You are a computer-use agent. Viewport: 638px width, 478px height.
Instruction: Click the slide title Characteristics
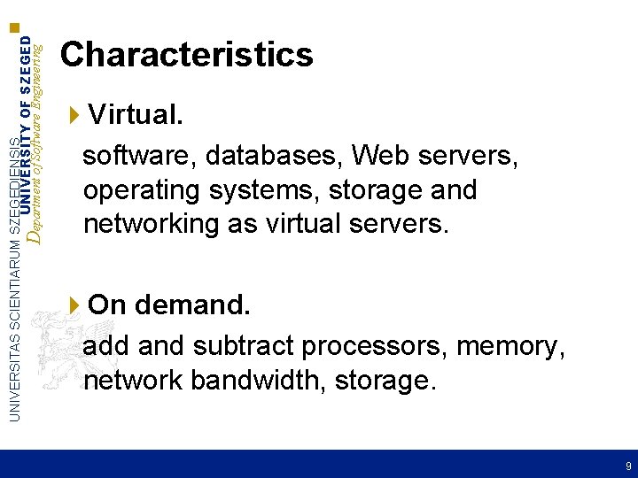186,55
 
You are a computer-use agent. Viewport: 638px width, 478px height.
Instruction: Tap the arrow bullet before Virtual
74,114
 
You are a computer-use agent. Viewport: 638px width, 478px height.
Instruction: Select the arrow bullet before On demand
74,305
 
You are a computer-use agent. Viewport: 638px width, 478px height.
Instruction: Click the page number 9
628,466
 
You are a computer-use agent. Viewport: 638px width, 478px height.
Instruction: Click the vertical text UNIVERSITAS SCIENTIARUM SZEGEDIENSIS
12,266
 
